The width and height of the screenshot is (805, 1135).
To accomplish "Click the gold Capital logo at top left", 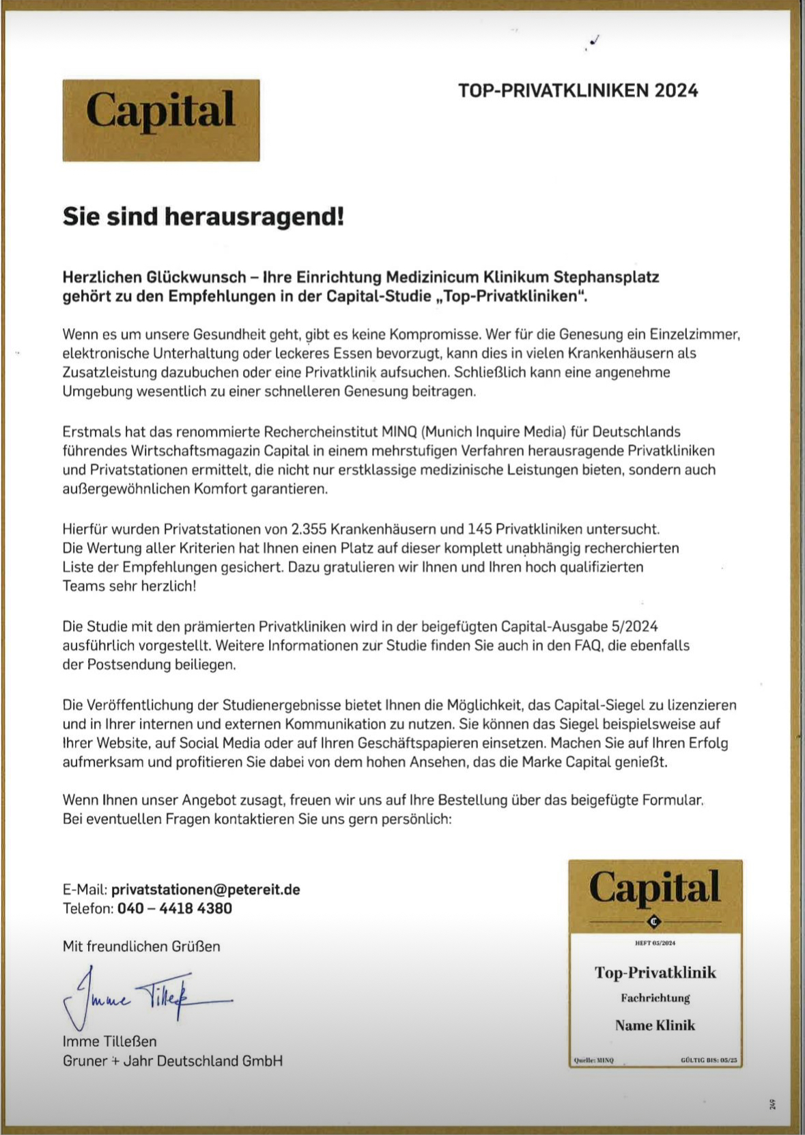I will pyautogui.click(x=161, y=120).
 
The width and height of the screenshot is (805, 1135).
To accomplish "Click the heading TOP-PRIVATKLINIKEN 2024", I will pyautogui.click(x=578, y=91).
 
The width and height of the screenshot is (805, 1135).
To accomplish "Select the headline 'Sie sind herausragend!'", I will pyautogui.click(x=203, y=217).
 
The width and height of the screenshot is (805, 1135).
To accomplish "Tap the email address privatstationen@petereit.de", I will pyautogui.click(x=206, y=889).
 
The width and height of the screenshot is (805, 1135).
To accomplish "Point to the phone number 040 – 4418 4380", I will pyautogui.click(x=175, y=908).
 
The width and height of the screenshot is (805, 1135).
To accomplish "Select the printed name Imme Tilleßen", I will pyautogui.click(x=110, y=1041).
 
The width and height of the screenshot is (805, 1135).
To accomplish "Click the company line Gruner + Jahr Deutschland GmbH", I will pyautogui.click(x=173, y=1061).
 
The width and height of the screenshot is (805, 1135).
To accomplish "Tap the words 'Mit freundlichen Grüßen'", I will pyautogui.click(x=141, y=946).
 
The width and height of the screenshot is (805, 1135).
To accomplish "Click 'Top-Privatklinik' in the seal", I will pyautogui.click(x=655, y=972).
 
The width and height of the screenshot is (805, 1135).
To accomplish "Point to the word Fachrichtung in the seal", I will pyautogui.click(x=655, y=998).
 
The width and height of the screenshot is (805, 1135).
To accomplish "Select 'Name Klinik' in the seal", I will pyautogui.click(x=655, y=1025).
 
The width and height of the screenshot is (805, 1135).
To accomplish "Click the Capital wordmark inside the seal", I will pyautogui.click(x=655, y=888).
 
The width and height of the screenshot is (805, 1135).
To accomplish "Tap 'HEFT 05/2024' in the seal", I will pyautogui.click(x=655, y=943).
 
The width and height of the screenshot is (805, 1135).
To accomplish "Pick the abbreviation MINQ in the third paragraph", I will pyautogui.click(x=399, y=432).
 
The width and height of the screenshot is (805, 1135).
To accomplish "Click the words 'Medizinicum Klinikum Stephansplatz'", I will pyautogui.click(x=522, y=277).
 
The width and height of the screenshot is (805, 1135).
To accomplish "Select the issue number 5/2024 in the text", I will pyautogui.click(x=632, y=627).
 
